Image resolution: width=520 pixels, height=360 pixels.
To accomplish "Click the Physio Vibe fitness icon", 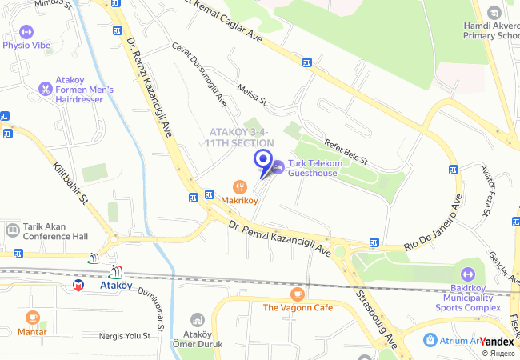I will pyautogui.click(x=26, y=32).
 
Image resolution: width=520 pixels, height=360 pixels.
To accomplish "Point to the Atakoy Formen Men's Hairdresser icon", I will pyautogui.click(x=45, y=89).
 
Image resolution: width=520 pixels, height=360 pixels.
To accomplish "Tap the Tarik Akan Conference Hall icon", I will pyautogui.click(x=12, y=230).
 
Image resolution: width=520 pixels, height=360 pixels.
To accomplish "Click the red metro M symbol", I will pyautogui.click(x=78, y=284).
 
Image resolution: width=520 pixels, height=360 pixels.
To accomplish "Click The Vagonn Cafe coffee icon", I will pyautogui.click(x=298, y=294).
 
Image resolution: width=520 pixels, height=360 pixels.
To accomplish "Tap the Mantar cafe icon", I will pyautogui.click(x=32, y=318).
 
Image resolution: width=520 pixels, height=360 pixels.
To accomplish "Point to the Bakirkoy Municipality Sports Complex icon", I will pyautogui.click(x=468, y=275).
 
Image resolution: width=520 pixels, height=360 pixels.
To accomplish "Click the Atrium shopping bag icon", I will pyautogui.click(x=430, y=340).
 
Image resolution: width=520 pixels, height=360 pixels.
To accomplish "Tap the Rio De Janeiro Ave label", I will pyautogui.click(x=433, y=225).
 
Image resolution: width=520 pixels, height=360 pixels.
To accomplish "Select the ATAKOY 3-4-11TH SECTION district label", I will pyautogui.click(x=237, y=137).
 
